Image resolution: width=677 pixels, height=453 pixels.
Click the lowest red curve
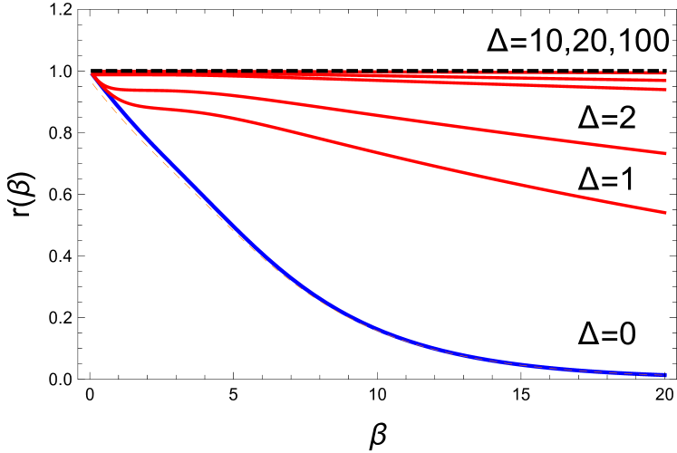click(453, 169)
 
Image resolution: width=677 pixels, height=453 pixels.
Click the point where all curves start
click(92, 74)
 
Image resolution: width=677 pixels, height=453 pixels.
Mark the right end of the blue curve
click(665, 374)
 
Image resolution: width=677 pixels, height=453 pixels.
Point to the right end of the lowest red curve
click(665, 212)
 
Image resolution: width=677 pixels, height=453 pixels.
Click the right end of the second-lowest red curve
click(665, 153)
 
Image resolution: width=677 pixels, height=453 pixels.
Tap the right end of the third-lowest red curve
click(665, 90)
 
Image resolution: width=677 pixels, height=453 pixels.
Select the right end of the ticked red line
click(665, 73)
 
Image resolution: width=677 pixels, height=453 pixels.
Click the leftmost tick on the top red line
click(104, 72)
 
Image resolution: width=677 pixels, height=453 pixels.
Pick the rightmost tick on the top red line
click(661, 72)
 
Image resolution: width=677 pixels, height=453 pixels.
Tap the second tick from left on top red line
click(119, 72)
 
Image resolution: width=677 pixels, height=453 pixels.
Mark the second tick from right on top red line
click(645, 72)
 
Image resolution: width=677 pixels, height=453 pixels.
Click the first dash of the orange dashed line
click(94, 85)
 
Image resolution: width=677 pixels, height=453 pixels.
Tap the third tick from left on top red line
click(134, 72)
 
